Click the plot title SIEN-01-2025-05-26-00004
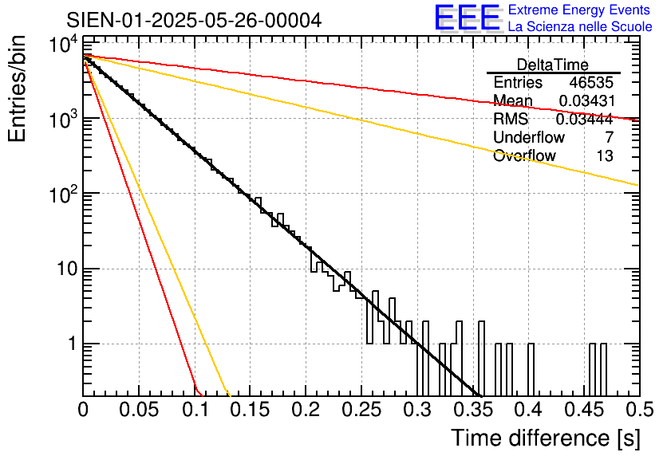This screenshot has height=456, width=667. coord(194,20)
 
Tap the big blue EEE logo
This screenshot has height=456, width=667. coord(467,18)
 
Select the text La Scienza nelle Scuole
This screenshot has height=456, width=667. coord(580,27)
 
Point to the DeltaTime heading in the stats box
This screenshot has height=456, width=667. coord(553,65)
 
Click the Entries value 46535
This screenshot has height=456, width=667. coord(591,82)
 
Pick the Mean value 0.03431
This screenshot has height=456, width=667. coord(586,100)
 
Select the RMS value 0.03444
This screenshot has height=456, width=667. coord(584,119)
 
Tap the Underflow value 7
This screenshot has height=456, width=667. coord(610,137)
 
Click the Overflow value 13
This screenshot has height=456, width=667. coord(605,155)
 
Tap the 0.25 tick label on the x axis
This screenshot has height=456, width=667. coord(361,410)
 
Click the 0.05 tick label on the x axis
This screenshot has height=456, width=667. coord(139,410)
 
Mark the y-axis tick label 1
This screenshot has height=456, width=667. coord(69,344)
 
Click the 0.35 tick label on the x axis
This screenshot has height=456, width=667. coord(472,410)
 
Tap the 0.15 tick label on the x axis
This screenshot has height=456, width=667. coord(250,410)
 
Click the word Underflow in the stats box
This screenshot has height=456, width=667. coord(528,137)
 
